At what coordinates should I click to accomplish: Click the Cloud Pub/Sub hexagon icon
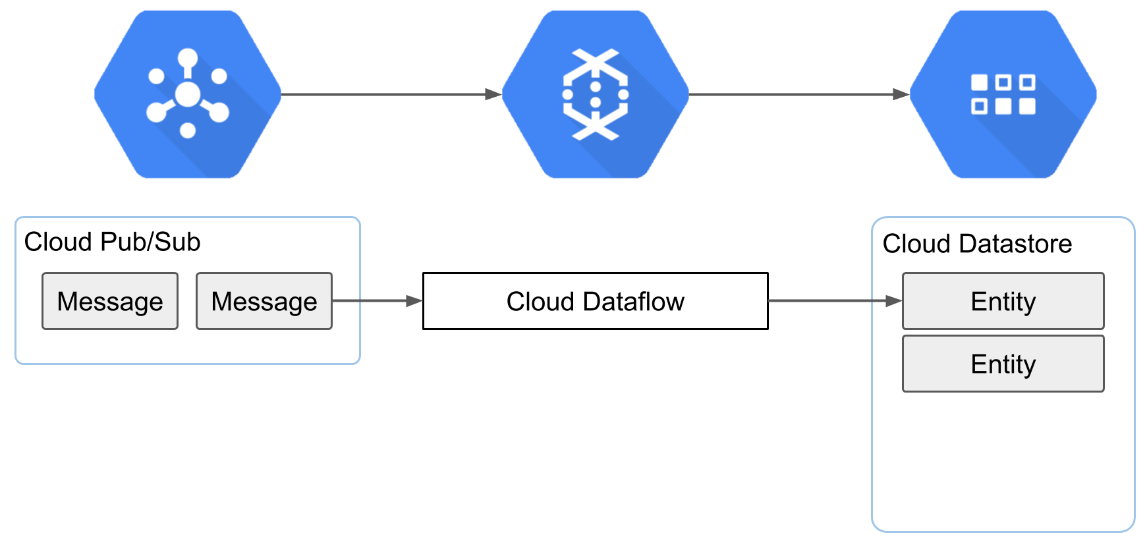click(x=188, y=94)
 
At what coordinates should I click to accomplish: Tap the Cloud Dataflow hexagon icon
click(x=596, y=94)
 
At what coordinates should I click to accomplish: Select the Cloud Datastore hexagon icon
click(x=1003, y=94)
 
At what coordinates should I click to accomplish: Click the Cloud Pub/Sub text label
click(x=112, y=242)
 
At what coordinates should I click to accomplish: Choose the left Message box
click(x=110, y=301)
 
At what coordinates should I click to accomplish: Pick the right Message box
click(x=264, y=301)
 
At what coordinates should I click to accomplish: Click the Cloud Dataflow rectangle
click(x=596, y=301)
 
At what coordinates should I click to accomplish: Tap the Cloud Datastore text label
click(x=977, y=244)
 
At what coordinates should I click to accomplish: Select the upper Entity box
click(x=1003, y=301)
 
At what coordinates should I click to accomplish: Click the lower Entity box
click(x=1003, y=364)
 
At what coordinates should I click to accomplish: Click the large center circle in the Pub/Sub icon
click(x=188, y=94)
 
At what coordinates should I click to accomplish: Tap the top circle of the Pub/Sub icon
click(x=188, y=58)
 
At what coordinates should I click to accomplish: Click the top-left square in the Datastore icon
click(x=980, y=82)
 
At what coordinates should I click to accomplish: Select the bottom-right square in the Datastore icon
click(x=1027, y=106)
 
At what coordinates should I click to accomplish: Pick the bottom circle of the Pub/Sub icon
click(x=188, y=130)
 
